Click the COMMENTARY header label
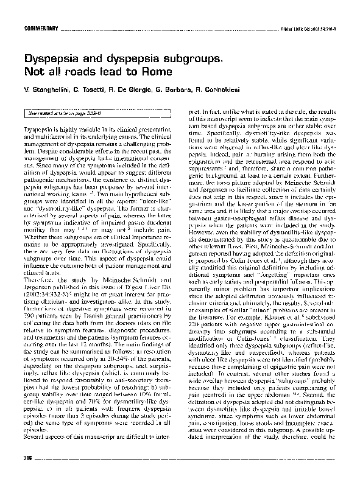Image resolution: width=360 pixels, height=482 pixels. pos(41,29)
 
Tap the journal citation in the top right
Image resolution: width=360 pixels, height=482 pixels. pos(311,29)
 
